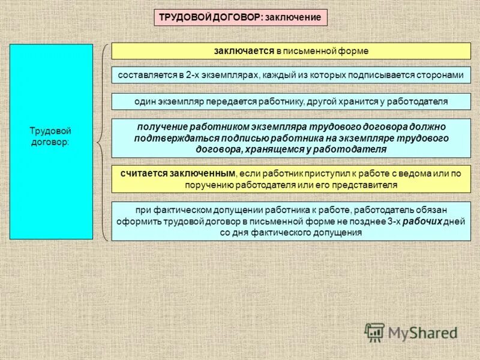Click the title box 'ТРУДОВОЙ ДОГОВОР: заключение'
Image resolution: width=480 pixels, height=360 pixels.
click(x=241, y=17)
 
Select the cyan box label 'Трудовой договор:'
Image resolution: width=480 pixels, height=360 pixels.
click(x=51, y=136)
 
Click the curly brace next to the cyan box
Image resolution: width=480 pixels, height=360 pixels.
click(x=103, y=142)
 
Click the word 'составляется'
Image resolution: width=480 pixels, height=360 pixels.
click(x=142, y=75)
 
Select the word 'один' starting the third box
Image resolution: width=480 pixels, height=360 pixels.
click(x=144, y=101)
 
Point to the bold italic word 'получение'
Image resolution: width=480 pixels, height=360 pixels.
click(x=161, y=127)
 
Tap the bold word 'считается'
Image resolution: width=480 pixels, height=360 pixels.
click(x=143, y=174)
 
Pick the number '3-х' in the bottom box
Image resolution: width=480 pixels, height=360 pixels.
click(x=392, y=221)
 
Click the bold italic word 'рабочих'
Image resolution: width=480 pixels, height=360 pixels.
click(x=422, y=221)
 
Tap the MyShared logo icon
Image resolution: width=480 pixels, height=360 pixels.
click(x=374, y=332)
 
